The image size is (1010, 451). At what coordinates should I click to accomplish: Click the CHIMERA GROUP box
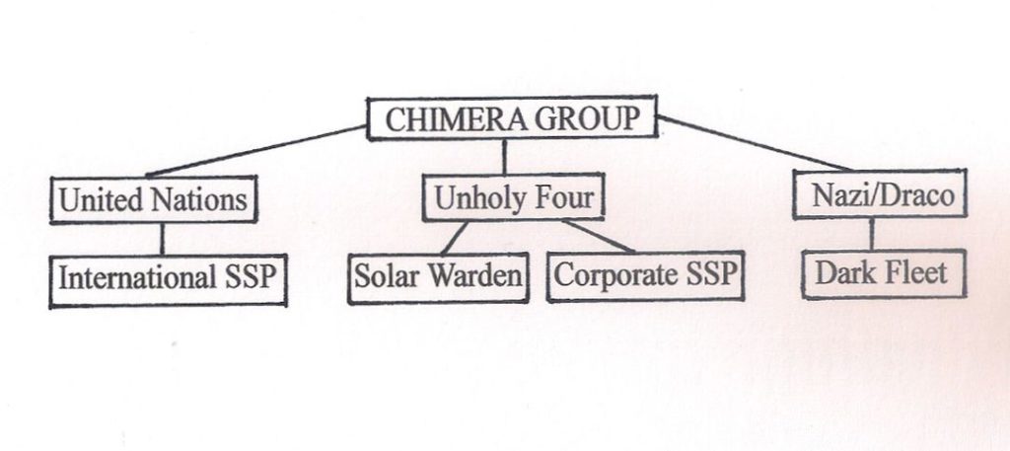[511, 118]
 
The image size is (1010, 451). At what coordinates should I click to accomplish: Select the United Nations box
[153, 199]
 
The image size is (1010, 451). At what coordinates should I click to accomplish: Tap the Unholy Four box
[513, 198]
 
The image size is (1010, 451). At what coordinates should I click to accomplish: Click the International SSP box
[168, 277]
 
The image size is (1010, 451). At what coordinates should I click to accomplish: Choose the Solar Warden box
[439, 275]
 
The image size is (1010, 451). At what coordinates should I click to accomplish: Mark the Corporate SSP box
[645, 274]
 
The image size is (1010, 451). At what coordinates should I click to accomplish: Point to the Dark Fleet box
[880, 272]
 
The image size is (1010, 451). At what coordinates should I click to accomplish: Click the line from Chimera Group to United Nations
[256, 151]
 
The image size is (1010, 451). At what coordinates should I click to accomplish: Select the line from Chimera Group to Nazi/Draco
[755, 143]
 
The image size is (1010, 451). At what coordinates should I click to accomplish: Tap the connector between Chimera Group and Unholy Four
[504, 157]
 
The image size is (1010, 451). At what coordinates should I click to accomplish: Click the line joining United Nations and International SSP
[162, 239]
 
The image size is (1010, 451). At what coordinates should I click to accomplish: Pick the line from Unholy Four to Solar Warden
[454, 238]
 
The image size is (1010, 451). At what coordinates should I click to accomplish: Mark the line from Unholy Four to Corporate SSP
[598, 236]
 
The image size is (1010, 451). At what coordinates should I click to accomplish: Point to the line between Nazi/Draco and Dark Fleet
[871, 235]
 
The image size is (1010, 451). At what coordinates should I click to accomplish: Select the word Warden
[480, 275]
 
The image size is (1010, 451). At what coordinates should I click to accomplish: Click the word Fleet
[912, 272]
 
